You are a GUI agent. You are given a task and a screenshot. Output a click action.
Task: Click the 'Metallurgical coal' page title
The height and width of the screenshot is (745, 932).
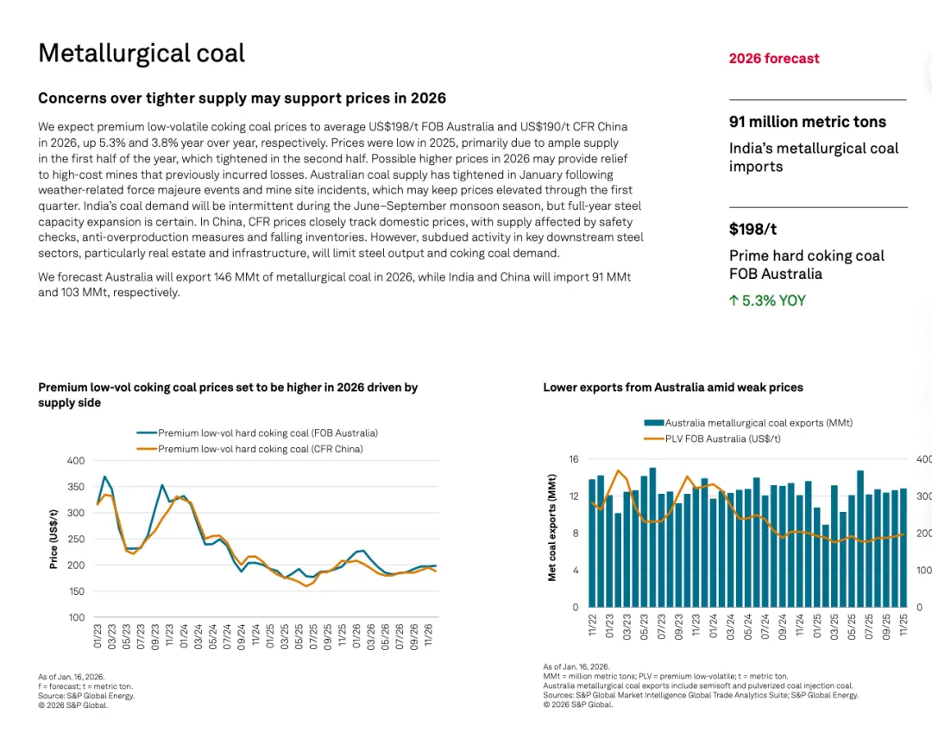[142, 54]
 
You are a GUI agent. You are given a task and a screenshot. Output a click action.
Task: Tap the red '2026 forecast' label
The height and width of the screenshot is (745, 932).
[774, 59]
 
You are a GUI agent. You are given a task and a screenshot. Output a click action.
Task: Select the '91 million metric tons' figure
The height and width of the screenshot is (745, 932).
[808, 122]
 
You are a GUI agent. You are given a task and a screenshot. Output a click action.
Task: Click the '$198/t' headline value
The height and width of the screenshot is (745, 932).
[753, 230]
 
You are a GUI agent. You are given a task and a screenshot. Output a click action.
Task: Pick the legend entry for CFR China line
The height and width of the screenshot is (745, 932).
[260, 449]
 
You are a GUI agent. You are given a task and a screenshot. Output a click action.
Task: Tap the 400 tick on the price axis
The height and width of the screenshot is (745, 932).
[76, 461]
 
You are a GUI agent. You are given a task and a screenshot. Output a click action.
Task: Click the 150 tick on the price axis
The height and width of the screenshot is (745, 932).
[76, 591]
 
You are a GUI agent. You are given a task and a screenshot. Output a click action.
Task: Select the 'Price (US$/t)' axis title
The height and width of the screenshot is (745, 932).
[54, 539]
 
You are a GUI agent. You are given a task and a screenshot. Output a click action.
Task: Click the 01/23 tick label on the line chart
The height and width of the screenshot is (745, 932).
[98, 636]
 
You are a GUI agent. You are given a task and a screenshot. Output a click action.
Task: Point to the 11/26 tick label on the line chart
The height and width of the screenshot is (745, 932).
[426, 636]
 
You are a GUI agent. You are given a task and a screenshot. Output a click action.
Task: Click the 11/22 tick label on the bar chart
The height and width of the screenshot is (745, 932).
[592, 625]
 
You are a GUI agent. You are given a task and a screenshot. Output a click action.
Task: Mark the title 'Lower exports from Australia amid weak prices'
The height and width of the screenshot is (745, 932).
[673, 388]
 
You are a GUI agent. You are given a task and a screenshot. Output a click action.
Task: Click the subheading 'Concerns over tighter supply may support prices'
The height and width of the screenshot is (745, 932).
[242, 98]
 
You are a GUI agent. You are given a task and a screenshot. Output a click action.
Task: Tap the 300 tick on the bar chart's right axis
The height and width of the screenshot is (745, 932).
[923, 496]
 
